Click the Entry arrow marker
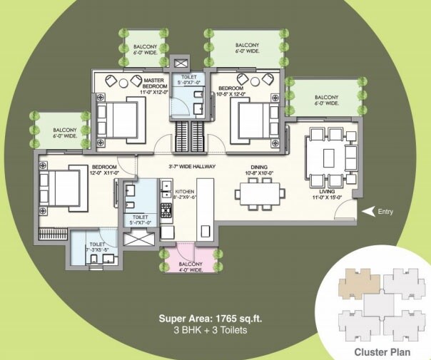click(367, 211)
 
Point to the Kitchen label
click(184, 191)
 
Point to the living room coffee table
click(329, 156)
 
